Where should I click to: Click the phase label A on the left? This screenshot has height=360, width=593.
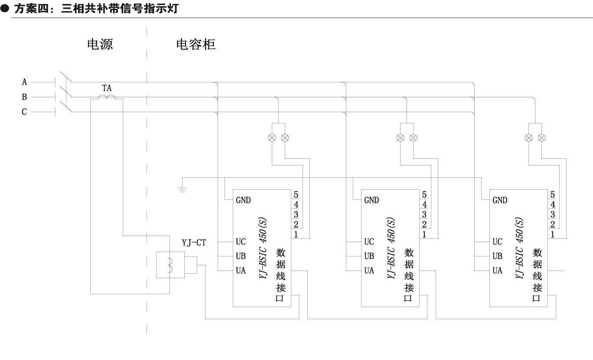click(25, 82)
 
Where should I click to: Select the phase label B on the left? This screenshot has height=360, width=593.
click(25, 97)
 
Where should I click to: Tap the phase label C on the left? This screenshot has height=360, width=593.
click(25, 112)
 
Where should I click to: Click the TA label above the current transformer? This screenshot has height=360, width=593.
click(107, 88)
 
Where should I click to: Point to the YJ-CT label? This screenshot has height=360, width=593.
click(194, 243)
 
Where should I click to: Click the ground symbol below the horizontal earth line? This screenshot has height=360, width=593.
click(182, 189)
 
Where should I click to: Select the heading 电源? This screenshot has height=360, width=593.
click(100, 44)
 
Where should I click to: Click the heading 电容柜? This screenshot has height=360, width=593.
click(195, 44)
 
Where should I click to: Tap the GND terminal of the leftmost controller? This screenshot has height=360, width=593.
click(243, 200)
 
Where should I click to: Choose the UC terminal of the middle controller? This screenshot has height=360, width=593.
click(369, 242)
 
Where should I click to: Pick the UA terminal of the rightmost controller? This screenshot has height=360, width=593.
click(497, 270)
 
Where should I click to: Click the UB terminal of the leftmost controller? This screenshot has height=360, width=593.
click(241, 256)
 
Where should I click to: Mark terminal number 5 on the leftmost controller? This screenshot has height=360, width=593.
click(296, 195)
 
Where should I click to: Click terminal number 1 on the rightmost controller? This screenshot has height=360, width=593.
click(553, 234)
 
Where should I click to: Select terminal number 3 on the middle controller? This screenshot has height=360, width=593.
click(424, 214)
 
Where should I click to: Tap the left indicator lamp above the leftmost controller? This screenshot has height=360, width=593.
click(272, 138)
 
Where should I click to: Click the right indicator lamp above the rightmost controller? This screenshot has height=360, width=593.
click(542, 138)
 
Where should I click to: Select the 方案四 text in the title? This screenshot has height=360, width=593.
click(30, 9)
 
